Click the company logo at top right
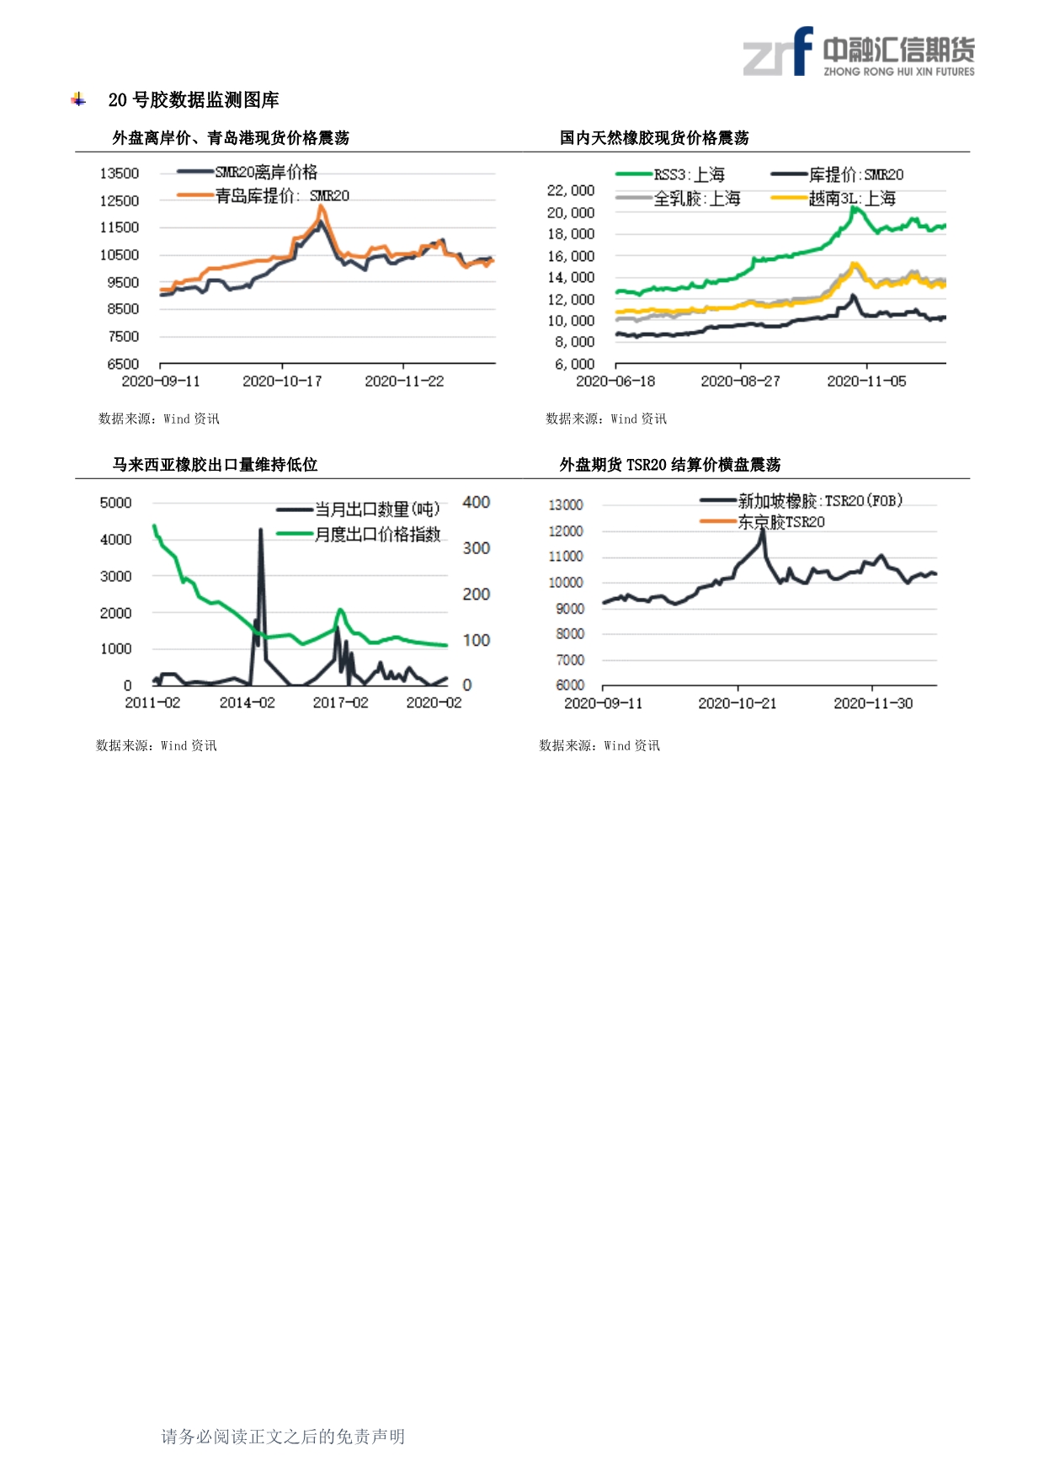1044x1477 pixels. (858, 52)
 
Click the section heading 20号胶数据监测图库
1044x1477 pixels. (193, 100)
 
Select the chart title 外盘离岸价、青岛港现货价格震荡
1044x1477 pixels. (231, 138)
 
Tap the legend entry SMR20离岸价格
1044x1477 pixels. (266, 173)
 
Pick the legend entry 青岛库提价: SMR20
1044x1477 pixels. (281, 196)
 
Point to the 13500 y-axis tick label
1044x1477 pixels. (120, 173)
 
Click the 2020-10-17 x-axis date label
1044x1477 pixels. (282, 381)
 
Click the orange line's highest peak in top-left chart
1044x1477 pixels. (321, 206)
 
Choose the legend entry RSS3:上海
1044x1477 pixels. (689, 175)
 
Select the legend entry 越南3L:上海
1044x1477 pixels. (851, 199)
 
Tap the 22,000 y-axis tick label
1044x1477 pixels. (571, 191)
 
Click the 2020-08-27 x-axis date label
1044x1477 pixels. (740, 381)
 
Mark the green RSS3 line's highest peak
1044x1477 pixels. (854, 207)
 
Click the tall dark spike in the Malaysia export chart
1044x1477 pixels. (261, 531)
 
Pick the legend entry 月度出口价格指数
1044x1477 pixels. (377, 535)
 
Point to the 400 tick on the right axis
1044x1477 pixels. (476, 503)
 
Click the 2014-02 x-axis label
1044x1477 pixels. (247, 703)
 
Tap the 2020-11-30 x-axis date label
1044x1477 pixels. (872, 703)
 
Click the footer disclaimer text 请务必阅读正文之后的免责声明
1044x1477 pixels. (283, 1436)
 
